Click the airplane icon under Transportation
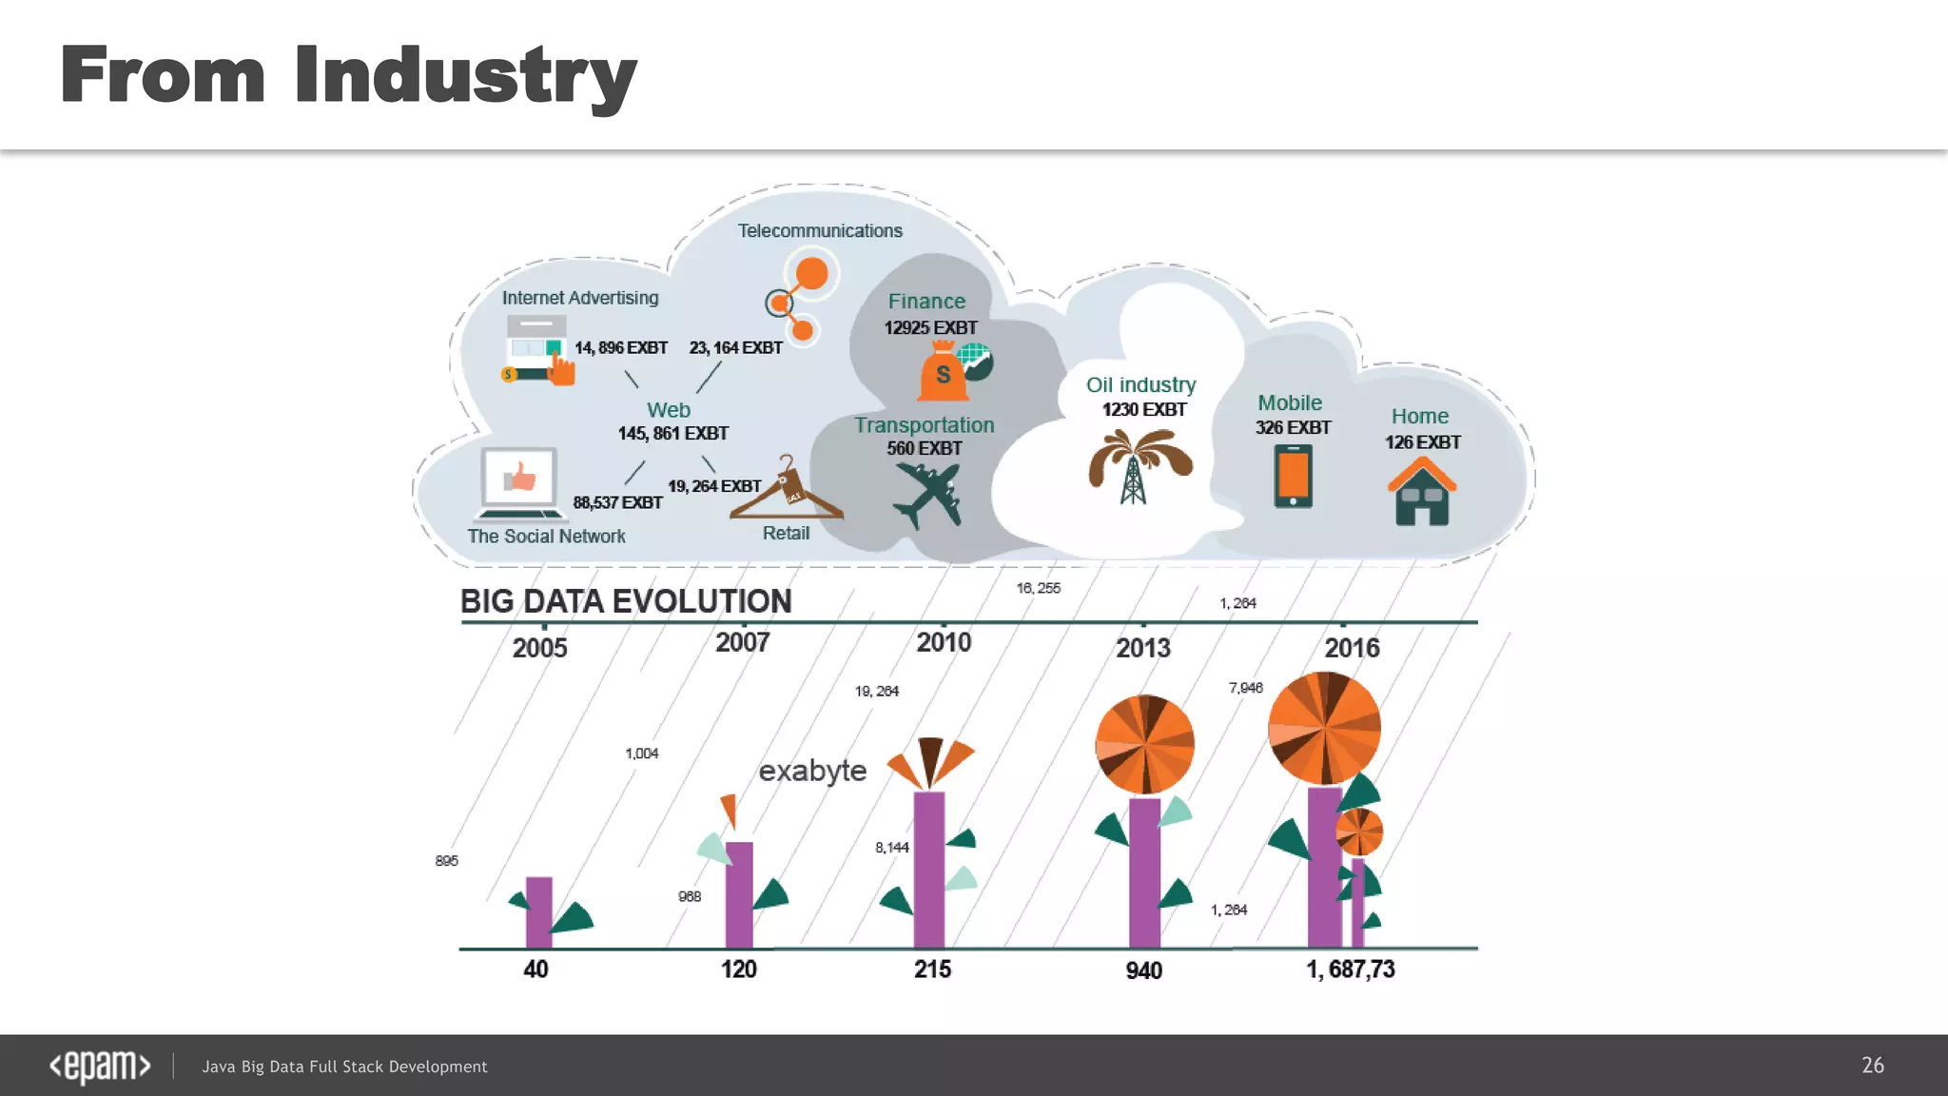[x=927, y=495]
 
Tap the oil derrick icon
[x=1138, y=466]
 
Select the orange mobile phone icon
[x=1293, y=476]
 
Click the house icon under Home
[x=1421, y=492]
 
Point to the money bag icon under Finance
[x=943, y=372]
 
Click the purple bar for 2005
[x=538, y=911]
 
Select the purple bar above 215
[x=928, y=869]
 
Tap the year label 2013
[x=1142, y=649]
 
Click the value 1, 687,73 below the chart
[x=1350, y=969]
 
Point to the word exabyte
[x=812, y=771]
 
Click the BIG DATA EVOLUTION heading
[x=625, y=601]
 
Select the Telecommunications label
[x=820, y=231]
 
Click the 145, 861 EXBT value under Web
[x=672, y=434]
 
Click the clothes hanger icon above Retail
[x=786, y=491]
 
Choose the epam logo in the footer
[x=100, y=1066]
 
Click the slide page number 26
[x=1872, y=1066]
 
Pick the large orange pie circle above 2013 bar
[x=1144, y=744]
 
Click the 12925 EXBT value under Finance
[x=930, y=328]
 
